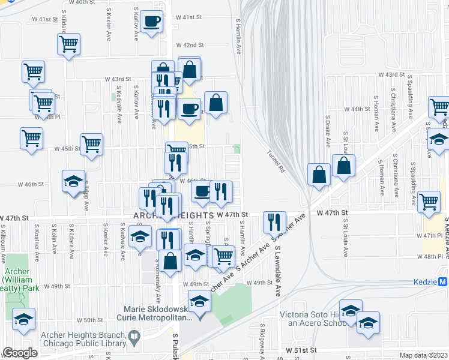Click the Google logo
pyautogui.click(x=20, y=353)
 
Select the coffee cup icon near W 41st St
pyautogui.click(x=152, y=23)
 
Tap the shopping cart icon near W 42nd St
pyautogui.click(x=69, y=44)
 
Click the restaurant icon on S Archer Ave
pyautogui.click(x=274, y=222)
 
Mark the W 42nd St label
pyautogui.click(x=190, y=45)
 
